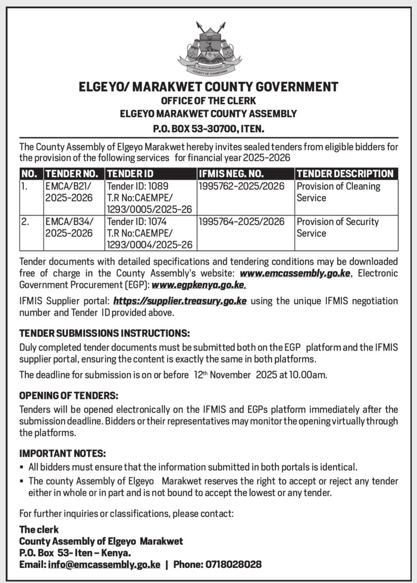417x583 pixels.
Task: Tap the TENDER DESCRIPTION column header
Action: click(345, 173)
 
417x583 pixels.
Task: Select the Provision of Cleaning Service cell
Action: click(338, 192)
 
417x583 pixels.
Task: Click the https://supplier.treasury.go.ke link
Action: click(179, 301)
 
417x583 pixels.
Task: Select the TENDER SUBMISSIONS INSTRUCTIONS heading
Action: click(104, 334)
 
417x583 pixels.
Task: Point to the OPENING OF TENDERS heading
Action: click(69, 396)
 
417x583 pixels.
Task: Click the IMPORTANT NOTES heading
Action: click(62, 453)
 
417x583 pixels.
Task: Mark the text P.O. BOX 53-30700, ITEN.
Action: click(208, 129)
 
